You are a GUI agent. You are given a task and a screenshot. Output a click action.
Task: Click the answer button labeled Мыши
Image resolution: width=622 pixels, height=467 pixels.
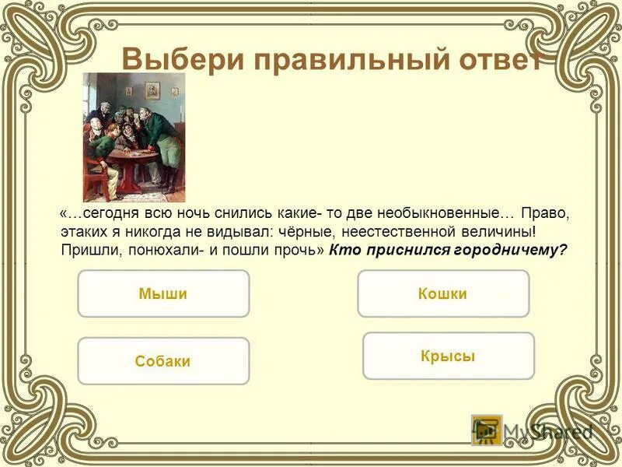pyautogui.click(x=163, y=293)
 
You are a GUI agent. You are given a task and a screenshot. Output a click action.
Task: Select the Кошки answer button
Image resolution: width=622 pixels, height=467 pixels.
pyautogui.click(x=442, y=293)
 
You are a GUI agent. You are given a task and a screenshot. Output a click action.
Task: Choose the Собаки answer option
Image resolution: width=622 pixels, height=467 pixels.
pyautogui.click(x=163, y=361)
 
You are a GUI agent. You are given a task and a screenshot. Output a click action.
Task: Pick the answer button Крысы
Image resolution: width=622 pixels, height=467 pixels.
pyautogui.click(x=448, y=356)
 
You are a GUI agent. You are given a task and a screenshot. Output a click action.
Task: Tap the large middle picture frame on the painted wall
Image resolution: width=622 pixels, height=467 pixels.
pyautogui.click(x=152, y=90)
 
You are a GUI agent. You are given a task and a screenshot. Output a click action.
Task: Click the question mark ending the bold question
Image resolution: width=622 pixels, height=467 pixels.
pyautogui.click(x=564, y=251)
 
